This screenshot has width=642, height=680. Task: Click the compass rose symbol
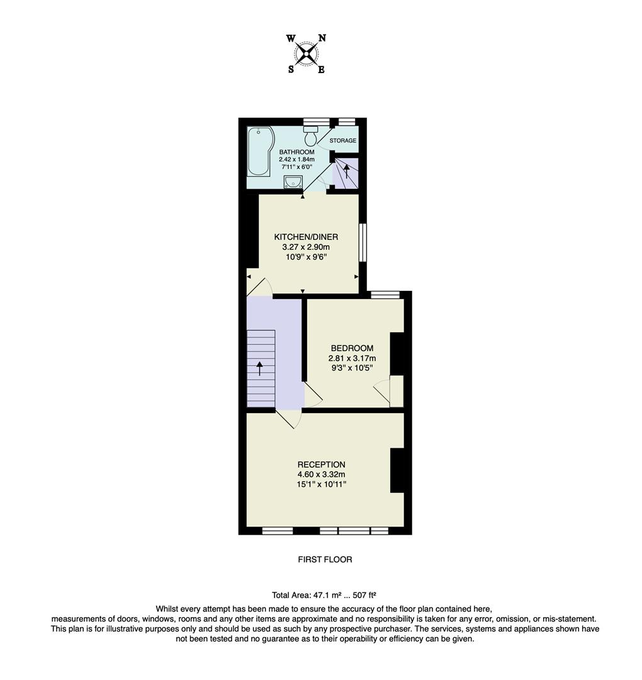[307, 54]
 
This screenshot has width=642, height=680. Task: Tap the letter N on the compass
[322, 38]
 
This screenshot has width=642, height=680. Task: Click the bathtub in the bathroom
[259, 152]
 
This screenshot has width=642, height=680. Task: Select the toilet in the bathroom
[310, 135]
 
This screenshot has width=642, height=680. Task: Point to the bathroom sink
[293, 182]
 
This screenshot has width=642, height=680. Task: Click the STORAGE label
[343, 140]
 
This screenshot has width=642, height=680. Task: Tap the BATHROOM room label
[297, 152]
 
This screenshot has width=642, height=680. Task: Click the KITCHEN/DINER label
[306, 237]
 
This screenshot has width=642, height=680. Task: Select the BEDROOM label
[352, 348]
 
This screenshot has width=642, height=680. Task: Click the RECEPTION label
[322, 465]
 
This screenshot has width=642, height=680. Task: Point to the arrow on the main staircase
[259, 368]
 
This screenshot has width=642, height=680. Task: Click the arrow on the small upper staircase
[346, 169]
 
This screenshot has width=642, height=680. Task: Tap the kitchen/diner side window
[363, 242]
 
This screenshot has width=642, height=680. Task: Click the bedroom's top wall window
[385, 294]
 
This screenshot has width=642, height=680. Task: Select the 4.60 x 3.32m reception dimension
[322, 475]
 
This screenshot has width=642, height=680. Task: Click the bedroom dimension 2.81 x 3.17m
[352, 358]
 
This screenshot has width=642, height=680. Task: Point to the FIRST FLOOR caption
[325, 559]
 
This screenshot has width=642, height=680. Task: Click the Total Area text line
[324, 594]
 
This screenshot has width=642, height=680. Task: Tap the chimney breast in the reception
[397, 470]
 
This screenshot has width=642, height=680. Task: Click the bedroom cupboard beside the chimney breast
[397, 391]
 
